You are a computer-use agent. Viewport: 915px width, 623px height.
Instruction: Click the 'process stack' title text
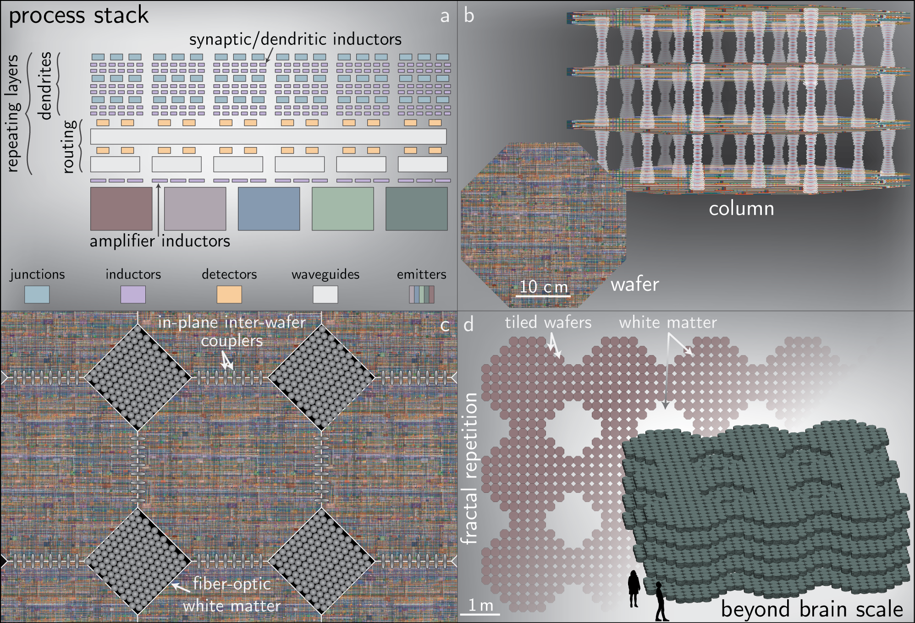pos(79,16)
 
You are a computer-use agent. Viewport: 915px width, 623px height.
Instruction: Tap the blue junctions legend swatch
pos(37,295)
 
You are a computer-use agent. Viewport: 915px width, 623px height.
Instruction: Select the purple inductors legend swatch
pos(133,295)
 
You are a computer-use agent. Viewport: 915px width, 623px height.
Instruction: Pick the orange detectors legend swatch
pos(229,295)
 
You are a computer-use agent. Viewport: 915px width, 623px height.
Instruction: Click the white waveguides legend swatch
pos(325,295)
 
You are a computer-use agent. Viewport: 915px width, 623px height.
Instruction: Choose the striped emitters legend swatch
pos(422,295)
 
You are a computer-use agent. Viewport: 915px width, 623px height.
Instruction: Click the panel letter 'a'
pos(444,16)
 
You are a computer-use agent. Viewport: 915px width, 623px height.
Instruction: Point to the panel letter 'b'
pos(469,16)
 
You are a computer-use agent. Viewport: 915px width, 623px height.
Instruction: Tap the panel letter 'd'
pos(469,324)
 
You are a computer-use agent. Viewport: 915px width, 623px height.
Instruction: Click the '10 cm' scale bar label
pos(544,287)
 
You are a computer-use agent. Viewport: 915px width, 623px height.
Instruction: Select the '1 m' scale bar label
pos(481,606)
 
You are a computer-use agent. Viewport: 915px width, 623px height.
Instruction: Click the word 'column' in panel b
pos(741,209)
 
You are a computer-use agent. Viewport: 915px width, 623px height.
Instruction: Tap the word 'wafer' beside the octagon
pos(634,284)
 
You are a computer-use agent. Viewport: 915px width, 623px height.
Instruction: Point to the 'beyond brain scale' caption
pos(812,609)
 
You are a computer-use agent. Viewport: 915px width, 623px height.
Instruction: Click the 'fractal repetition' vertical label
pos(470,469)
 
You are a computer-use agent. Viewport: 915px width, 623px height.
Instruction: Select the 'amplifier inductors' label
pos(160,241)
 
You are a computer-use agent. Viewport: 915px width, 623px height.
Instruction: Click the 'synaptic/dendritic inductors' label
pos(295,39)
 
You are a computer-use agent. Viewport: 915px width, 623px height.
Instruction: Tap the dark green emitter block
pos(416,208)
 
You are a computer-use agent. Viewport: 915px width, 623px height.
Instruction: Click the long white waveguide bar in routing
pos(268,137)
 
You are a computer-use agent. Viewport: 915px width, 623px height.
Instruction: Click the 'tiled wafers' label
pos(548,322)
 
